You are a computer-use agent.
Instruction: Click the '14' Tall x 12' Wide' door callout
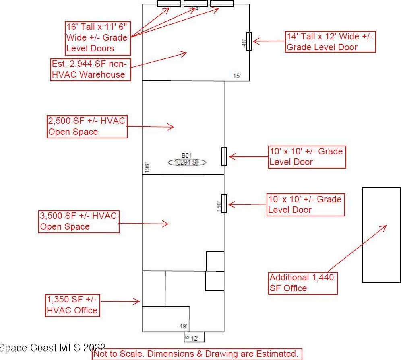click(x=330, y=41)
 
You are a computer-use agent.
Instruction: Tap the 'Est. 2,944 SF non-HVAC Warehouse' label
click(x=91, y=70)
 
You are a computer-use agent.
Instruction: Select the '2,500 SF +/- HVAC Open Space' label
click(x=87, y=126)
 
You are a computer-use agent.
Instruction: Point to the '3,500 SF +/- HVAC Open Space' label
click(x=79, y=221)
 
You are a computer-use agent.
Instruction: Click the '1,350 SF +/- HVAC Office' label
click(x=72, y=305)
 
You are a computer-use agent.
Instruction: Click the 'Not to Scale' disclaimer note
click(x=197, y=354)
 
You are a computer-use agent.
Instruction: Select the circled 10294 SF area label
click(x=187, y=162)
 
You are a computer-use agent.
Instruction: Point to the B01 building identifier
click(x=187, y=155)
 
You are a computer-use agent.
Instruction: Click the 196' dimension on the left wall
click(x=147, y=168)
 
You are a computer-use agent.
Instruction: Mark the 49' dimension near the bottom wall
click(x=183, y=326)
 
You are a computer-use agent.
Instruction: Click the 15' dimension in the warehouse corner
click(x=238, y=76)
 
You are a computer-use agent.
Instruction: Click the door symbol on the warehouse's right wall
click(x=249, y=41)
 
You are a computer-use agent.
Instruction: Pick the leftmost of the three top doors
click(x=169, y=4)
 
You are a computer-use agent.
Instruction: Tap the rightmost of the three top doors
click(x=221, y=4)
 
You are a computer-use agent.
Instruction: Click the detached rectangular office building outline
click(x=381, y=235)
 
